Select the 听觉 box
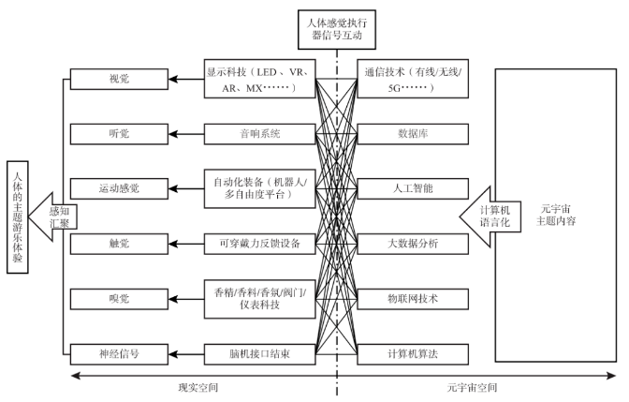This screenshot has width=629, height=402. point(117,134)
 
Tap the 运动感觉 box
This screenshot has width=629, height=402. point(117,188)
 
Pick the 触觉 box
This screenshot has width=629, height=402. point(117,244)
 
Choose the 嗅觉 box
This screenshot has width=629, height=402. point(117,298)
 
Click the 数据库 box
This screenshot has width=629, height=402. point(413,134)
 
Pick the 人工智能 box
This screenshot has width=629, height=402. point(413,188)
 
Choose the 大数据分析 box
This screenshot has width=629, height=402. point(413,244)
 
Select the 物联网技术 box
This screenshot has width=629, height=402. point(413,298)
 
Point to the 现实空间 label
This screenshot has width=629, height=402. point(200,388)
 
